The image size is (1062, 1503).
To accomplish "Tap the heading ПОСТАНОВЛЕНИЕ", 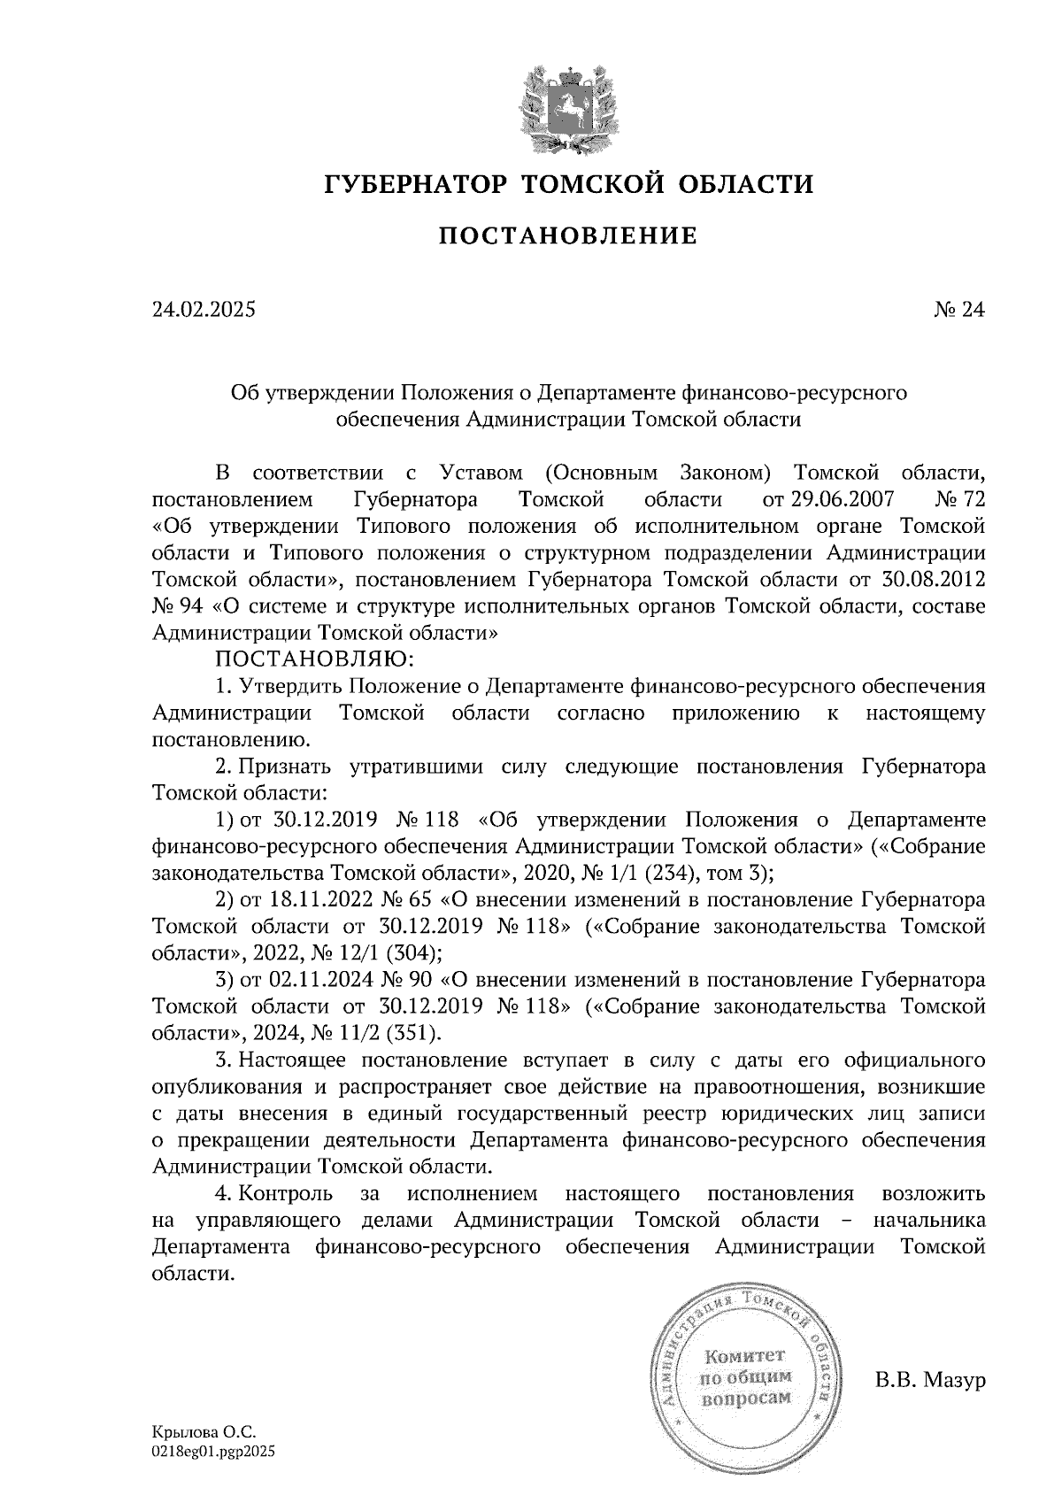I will [569, 235].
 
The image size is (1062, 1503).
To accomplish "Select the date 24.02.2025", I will [203, 310].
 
